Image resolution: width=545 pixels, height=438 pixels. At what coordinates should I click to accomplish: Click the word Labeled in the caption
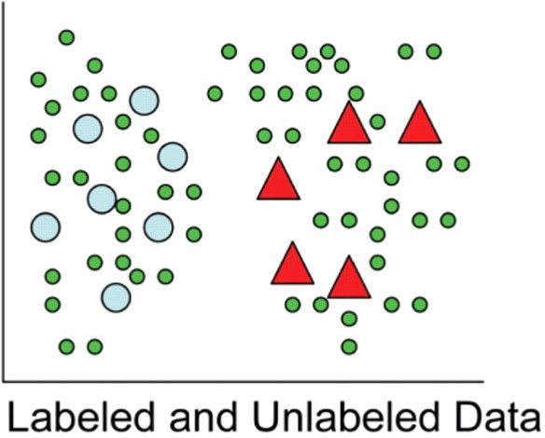point(80,416)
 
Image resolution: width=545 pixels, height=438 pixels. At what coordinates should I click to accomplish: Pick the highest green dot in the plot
point(67,37)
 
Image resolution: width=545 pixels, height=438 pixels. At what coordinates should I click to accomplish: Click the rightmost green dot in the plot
point(462,164)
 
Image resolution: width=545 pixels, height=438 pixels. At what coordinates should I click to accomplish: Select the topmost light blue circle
point(145,101)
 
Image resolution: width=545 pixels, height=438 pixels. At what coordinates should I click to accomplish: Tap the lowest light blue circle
point(116,297)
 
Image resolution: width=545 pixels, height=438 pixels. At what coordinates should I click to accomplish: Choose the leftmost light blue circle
point(46,227)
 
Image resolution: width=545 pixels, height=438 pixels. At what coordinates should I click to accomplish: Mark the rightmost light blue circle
point(173,157)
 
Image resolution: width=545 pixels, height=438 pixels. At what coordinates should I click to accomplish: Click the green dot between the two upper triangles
point(377,122)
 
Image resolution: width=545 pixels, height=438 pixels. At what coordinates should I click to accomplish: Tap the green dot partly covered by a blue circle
point(122,206)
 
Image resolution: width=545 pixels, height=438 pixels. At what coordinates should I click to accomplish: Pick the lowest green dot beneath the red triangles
point(349,347)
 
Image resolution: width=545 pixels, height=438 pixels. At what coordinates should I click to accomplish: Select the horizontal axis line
point(244,381)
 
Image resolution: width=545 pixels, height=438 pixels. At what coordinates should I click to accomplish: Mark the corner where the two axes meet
point(3,381)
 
